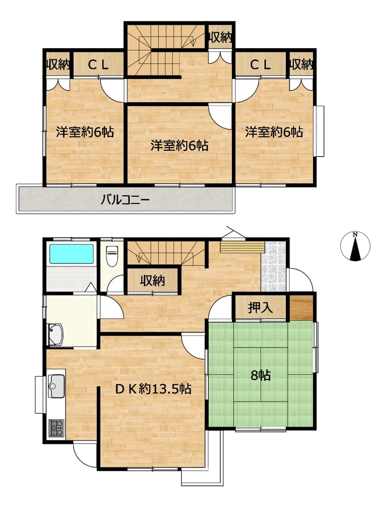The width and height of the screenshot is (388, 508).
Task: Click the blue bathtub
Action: [71, 255]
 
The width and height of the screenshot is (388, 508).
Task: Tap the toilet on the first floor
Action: [112, 256]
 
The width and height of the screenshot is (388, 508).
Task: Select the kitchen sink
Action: [57, 386]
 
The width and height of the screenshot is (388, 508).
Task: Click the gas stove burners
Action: [57, 428]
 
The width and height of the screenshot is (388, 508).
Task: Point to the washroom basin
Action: [55, 334]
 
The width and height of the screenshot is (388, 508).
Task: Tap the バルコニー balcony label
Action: [125, 199]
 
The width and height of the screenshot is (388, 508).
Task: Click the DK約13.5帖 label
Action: [154, 388]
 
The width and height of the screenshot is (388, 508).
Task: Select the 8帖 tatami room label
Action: [260, 375]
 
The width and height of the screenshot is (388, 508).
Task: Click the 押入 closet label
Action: [260, 308]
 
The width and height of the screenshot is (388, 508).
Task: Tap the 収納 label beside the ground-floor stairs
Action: [152, 280]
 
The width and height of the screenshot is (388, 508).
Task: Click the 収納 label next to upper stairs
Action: [220, 38]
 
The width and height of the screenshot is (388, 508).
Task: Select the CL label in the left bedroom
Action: [98, 66]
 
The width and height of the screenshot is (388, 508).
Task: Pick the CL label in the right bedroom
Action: [260, 66]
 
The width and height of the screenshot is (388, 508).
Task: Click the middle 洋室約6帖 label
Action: [179, 146]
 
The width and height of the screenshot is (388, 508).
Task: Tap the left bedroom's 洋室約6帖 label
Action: [85, 132]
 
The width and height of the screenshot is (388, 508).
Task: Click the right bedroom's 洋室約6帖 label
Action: [274, 132]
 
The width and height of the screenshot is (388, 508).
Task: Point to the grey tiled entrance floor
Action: [274, 266]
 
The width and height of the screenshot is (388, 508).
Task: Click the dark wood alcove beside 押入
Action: [301, 308]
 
